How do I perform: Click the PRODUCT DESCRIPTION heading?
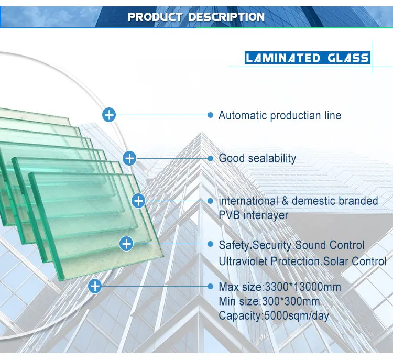(x=196, y=17)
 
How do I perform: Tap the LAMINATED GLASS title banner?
(x=307, y=58)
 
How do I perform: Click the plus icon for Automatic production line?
(x=109, y=114)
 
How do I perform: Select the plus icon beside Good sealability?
(x=129, y=158)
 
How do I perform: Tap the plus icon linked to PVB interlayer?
(x=138, y=200)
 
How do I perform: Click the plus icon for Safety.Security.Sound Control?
(x=127, y=243)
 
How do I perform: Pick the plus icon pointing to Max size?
(x=95, y=286)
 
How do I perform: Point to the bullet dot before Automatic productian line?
(x=211, y=115)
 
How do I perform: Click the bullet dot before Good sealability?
(x=211, y=158)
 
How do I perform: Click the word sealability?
(x=272, y=158)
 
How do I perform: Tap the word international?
(x=248, y=201)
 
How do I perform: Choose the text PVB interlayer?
(x=253, y=215)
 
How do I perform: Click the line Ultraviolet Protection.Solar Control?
(x=302, y=261)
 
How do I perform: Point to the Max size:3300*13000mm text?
(x=279, y=287)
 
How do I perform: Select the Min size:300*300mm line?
(x=269, y=301)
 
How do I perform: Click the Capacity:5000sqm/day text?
(x=274, y=315)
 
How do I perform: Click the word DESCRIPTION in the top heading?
(x=226, y=17)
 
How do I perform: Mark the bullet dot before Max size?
(x=211, y=286)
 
